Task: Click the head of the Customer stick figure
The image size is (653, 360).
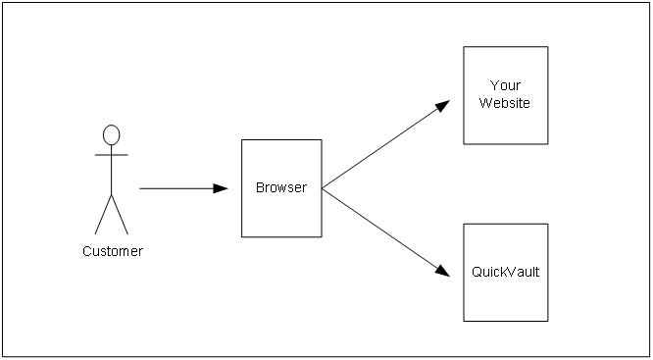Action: pyautogui.click(x=112, y=134)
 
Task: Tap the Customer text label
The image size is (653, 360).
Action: pyautogui.click(x=112, y=251)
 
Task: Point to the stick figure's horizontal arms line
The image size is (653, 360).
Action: pyautogui.click(x=112, y=155)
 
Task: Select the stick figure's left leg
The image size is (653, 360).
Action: pyautogui.click(x=103, y=214)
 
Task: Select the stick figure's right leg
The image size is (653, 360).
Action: pyautogui.click(x=121, y=214)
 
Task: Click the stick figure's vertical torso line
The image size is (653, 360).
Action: pyautogui.click(x=112, y=172)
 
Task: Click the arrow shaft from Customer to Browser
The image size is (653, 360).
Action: pyautogui.click(x=176, y=188)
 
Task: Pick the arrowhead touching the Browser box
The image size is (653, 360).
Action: pyautogui.click(x=222, y=188)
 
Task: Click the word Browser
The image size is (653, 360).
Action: pyautogui.click(x=281, y=187)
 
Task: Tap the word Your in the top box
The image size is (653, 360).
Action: pyautogui.click(x=505, y=85)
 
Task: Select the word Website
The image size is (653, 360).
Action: pyautogui.click(x=505, y=103)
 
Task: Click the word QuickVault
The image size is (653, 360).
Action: pyautogui.click(x=505, y=272)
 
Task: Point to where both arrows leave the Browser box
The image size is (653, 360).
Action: pyautogui.click(x=323, y=188)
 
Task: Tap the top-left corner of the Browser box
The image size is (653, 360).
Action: pyautogui.click(x=242, y=139)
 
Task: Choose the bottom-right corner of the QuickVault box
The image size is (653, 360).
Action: pyautogui.click(x=548, y=321)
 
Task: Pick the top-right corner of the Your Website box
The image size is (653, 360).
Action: pyautogui.click(x=548, y=46)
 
